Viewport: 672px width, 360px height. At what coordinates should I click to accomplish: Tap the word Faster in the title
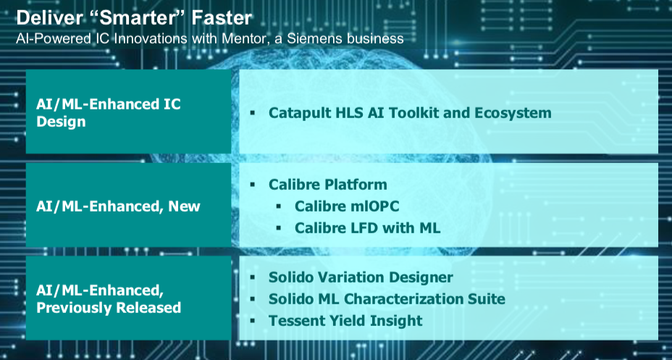pos(222,18)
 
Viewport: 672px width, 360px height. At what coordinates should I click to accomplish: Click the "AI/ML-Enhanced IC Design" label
pos(109,113)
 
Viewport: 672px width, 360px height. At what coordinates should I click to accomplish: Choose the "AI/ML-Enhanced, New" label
pos(118,206)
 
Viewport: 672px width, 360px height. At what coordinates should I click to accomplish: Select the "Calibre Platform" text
pos(328,185)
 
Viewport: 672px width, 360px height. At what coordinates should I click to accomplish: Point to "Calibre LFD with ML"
pos(367,228)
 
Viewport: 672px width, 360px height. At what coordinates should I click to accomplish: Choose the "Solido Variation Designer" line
pos(361,277)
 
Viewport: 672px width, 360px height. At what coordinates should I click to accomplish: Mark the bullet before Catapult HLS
pos(253,113)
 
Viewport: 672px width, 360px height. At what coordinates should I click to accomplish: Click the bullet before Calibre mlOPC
pos(279,206)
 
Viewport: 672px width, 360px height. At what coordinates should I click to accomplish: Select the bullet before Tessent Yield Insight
pos(253,321)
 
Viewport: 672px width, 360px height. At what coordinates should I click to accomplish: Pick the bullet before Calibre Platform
pos(253,185)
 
